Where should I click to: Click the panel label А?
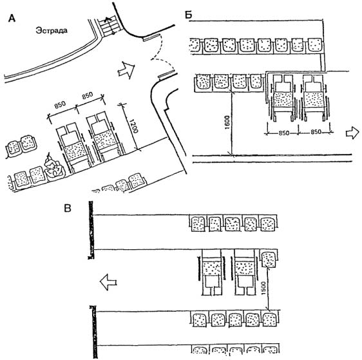pyautogui.click(x=12, y=18)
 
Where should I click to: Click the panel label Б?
pyautogui.click(x=189, y=15)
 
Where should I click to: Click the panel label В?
pyautogui.click(x=68, y=208)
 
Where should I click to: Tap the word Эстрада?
pyautogui.click(x=52, y=30)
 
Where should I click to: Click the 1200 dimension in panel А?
pyautogui.click(x=133, y=126)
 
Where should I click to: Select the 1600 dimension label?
pyautogui.click(x=227, y=122)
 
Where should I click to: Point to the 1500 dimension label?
pyautogui.click(x=263, y=288)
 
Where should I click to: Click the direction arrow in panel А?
pyautogui.click(x=126, y=70)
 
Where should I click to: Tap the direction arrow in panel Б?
pyautogui.click(x=352, y=133)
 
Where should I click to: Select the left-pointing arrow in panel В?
pyautogui.click(x=108, y=282)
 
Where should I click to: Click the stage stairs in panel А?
pyautogui.click(x=110, y=26)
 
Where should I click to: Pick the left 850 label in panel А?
pyautogui.click(x=60, y=105)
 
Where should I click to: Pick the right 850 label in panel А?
pyautogui.click(x=87, y=95)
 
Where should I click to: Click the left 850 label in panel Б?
pyautogui.click(x=283, y=133)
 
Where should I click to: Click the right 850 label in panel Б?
pyautogui.click(x=316, y=132)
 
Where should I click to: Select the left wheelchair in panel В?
pyautogui.click(x=211, y=272)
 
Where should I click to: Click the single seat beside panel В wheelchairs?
pyautogui.click(x=269, y=258)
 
